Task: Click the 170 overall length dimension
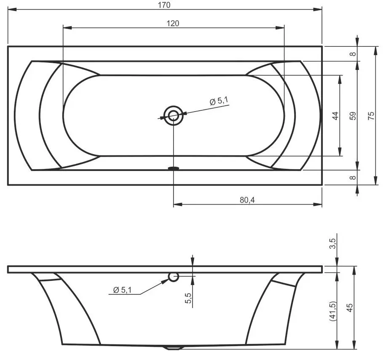pos(165,5)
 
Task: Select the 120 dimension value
pos(173,24)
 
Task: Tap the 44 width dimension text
pos(335,116)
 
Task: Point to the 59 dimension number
pos(353,116)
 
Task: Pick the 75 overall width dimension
pos(371,116)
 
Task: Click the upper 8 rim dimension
pos(353,53)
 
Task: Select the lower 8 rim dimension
pos(353,177)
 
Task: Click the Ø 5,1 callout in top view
pos(219,101)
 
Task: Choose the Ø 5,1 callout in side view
pos(123,290)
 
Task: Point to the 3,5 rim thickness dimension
pos(332,243)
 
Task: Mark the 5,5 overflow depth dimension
pos(188,298)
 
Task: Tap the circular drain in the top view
pos(173,116)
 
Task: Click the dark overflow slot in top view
pos(173,168)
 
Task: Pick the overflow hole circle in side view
pos(173,277)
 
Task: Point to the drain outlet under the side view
pos(173,348)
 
